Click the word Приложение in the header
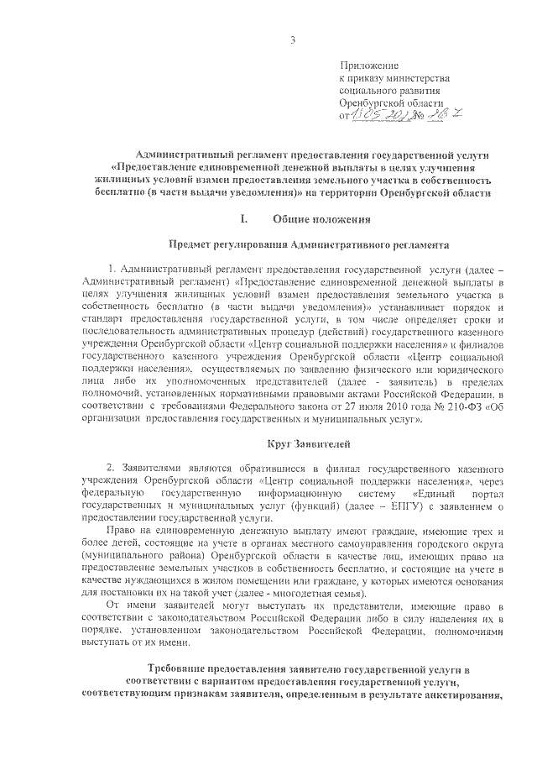[x=369, y=66]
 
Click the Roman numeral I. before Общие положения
[x=245, y=221]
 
